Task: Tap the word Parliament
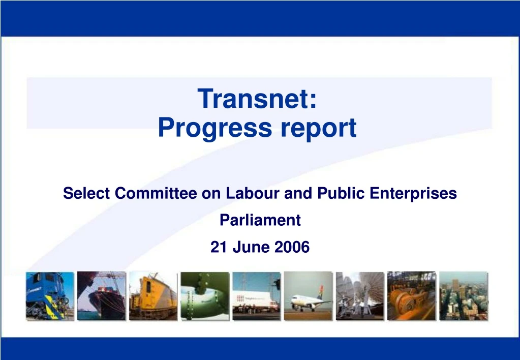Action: point(260,220)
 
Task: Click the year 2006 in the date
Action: point(292,247)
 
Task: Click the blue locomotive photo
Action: point(50,296)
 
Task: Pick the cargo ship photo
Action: point(101,296)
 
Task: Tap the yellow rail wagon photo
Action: point(153,296)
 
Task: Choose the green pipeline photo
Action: point(205,296)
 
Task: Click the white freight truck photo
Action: point(256,296)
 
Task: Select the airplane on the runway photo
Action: point(308,296)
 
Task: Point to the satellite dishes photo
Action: point(360,296)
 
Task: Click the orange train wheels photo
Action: point(411,296)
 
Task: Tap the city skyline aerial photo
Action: point(463,296)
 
